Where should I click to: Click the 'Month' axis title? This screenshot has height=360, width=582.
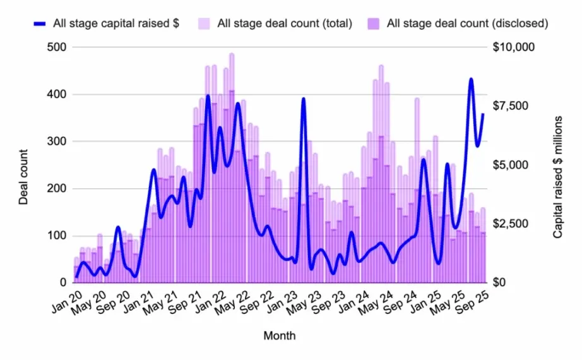(280, 336)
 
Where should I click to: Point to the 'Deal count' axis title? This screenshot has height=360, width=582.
(23, 176)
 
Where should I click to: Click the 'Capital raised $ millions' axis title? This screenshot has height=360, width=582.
(558, 176)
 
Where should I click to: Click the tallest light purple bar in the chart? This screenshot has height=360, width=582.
(232, 57)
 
